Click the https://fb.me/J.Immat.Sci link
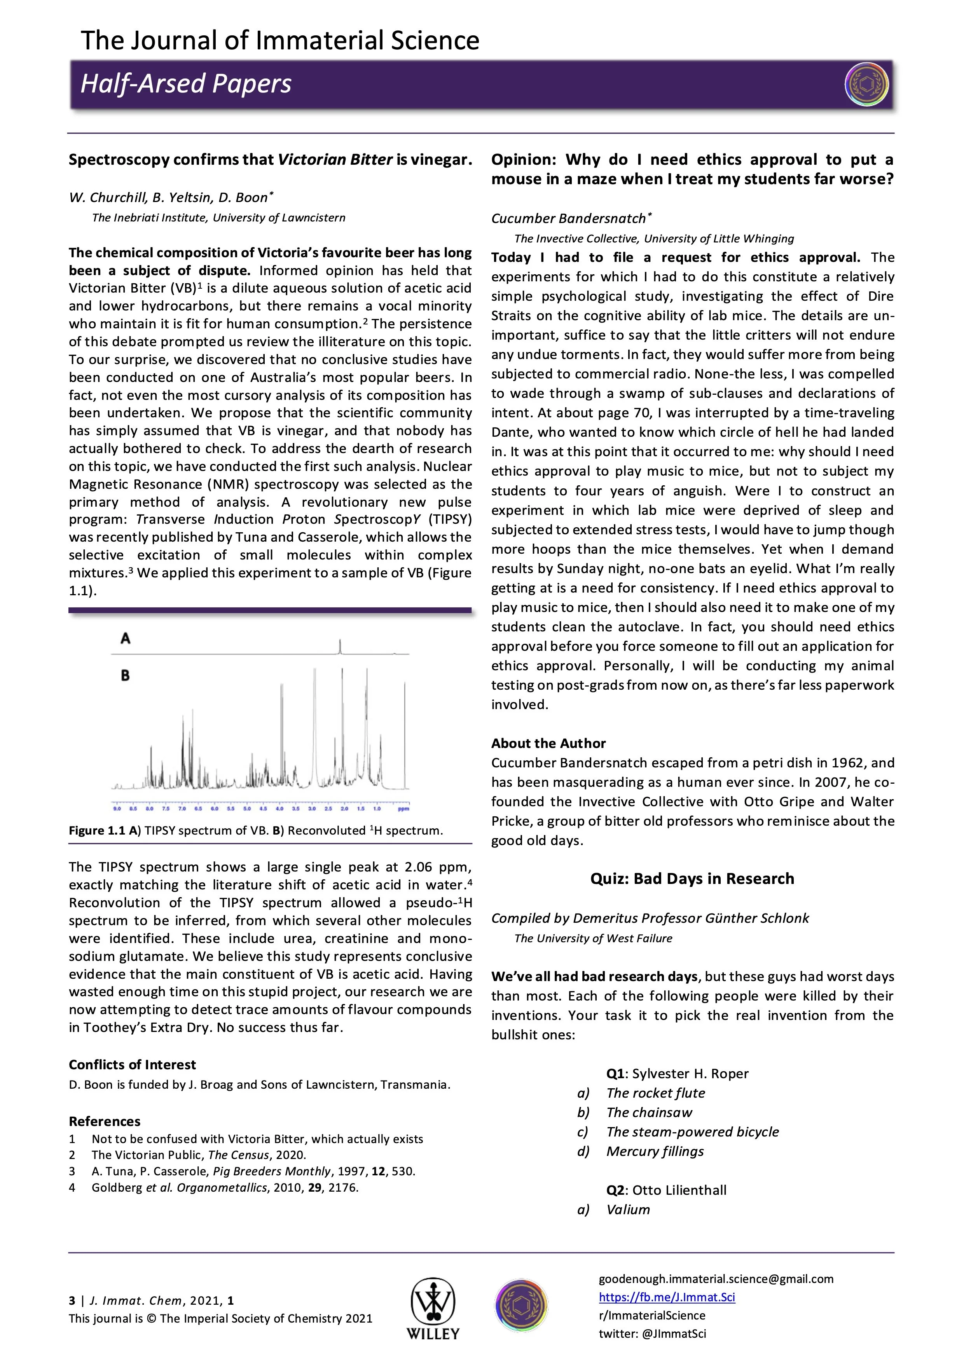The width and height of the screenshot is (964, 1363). pyautogui.click(x=666, y=1297)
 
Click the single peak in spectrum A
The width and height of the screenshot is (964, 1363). pyautogui.click(x=341, y=646)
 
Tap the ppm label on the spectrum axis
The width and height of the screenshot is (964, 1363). pyautogui.click(x=403, y=809)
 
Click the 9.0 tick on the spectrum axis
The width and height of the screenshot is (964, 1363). pyautogui.click(x=117, y=809)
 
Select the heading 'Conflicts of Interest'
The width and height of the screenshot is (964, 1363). pyautogui.click(x=132, y=1064)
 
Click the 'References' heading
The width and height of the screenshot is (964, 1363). pyautogui.click(x=105, y=1121)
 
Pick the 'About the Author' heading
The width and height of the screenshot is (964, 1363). pyautogui.click(x=548, y=743)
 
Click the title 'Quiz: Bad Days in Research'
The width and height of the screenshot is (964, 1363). pyautogui.click(x=692, y=878)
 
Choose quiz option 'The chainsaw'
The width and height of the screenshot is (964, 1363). pyautogui.click(x=649, y=1112)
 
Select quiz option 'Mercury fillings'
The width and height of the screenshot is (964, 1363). pyautogui.click(x=655, y=1151)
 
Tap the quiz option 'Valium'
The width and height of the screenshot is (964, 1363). pyautogui.click(x=628, y=1209)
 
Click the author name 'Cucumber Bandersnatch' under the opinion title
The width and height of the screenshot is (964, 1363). pyautogui.click(x=568, y=218)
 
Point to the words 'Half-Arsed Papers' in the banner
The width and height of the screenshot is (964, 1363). pyautogui.click(x=186, y=84)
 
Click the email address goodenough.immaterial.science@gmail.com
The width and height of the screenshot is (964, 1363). pyautogui.click(x=716, y=1279)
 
